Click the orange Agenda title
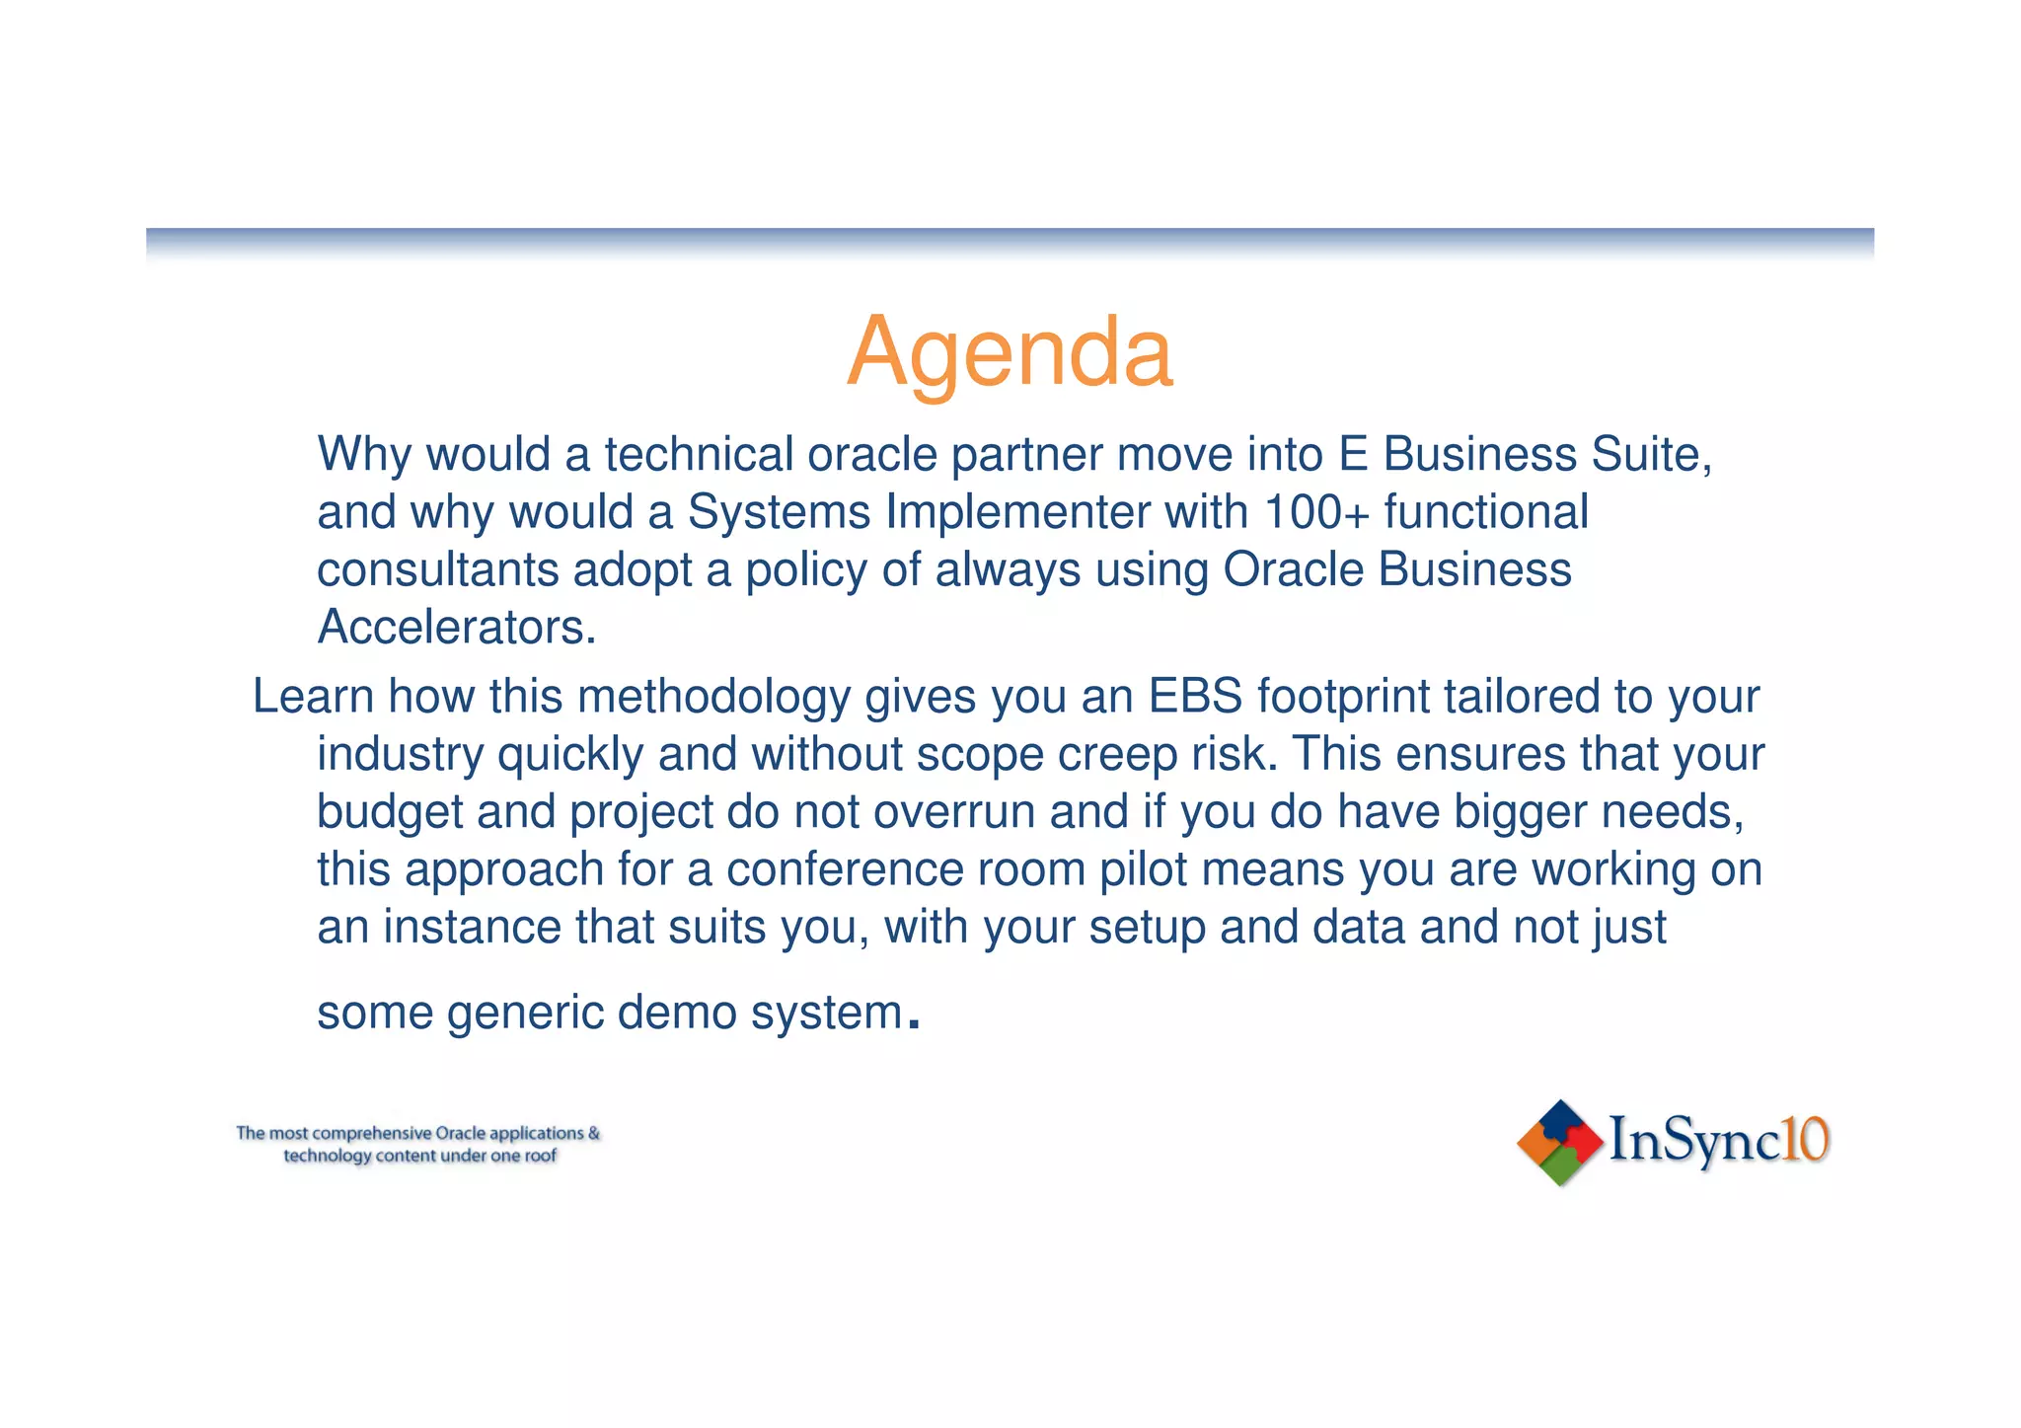coord(1010,352)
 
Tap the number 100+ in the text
coord(1316,512)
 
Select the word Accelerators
coord(456,628)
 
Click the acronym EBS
coord(1194,697)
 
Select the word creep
coord(1118,755)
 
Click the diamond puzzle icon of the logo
coord(1559,1143)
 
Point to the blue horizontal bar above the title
coord(1010,237)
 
